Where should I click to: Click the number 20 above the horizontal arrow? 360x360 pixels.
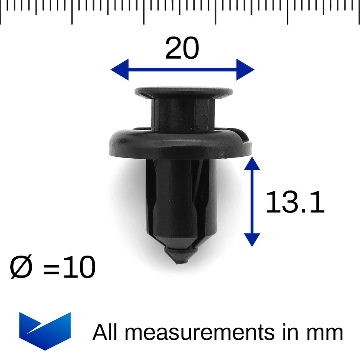(x=182, y=49)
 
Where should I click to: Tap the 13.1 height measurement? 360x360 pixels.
(x=294, y=203)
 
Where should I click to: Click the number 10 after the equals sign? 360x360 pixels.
(x=79, y=267)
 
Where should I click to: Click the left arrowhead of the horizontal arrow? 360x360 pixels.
(x=119, y=69)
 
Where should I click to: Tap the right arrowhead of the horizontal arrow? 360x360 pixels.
(x=245, y=69)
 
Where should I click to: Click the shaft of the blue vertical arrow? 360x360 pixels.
(x=251, y=201)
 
